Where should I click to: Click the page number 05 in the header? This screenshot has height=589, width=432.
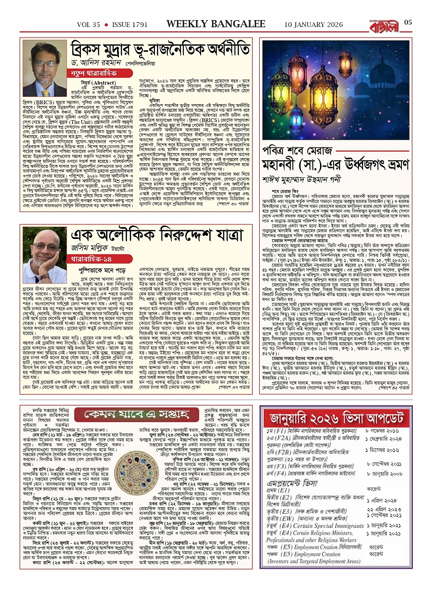408,23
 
